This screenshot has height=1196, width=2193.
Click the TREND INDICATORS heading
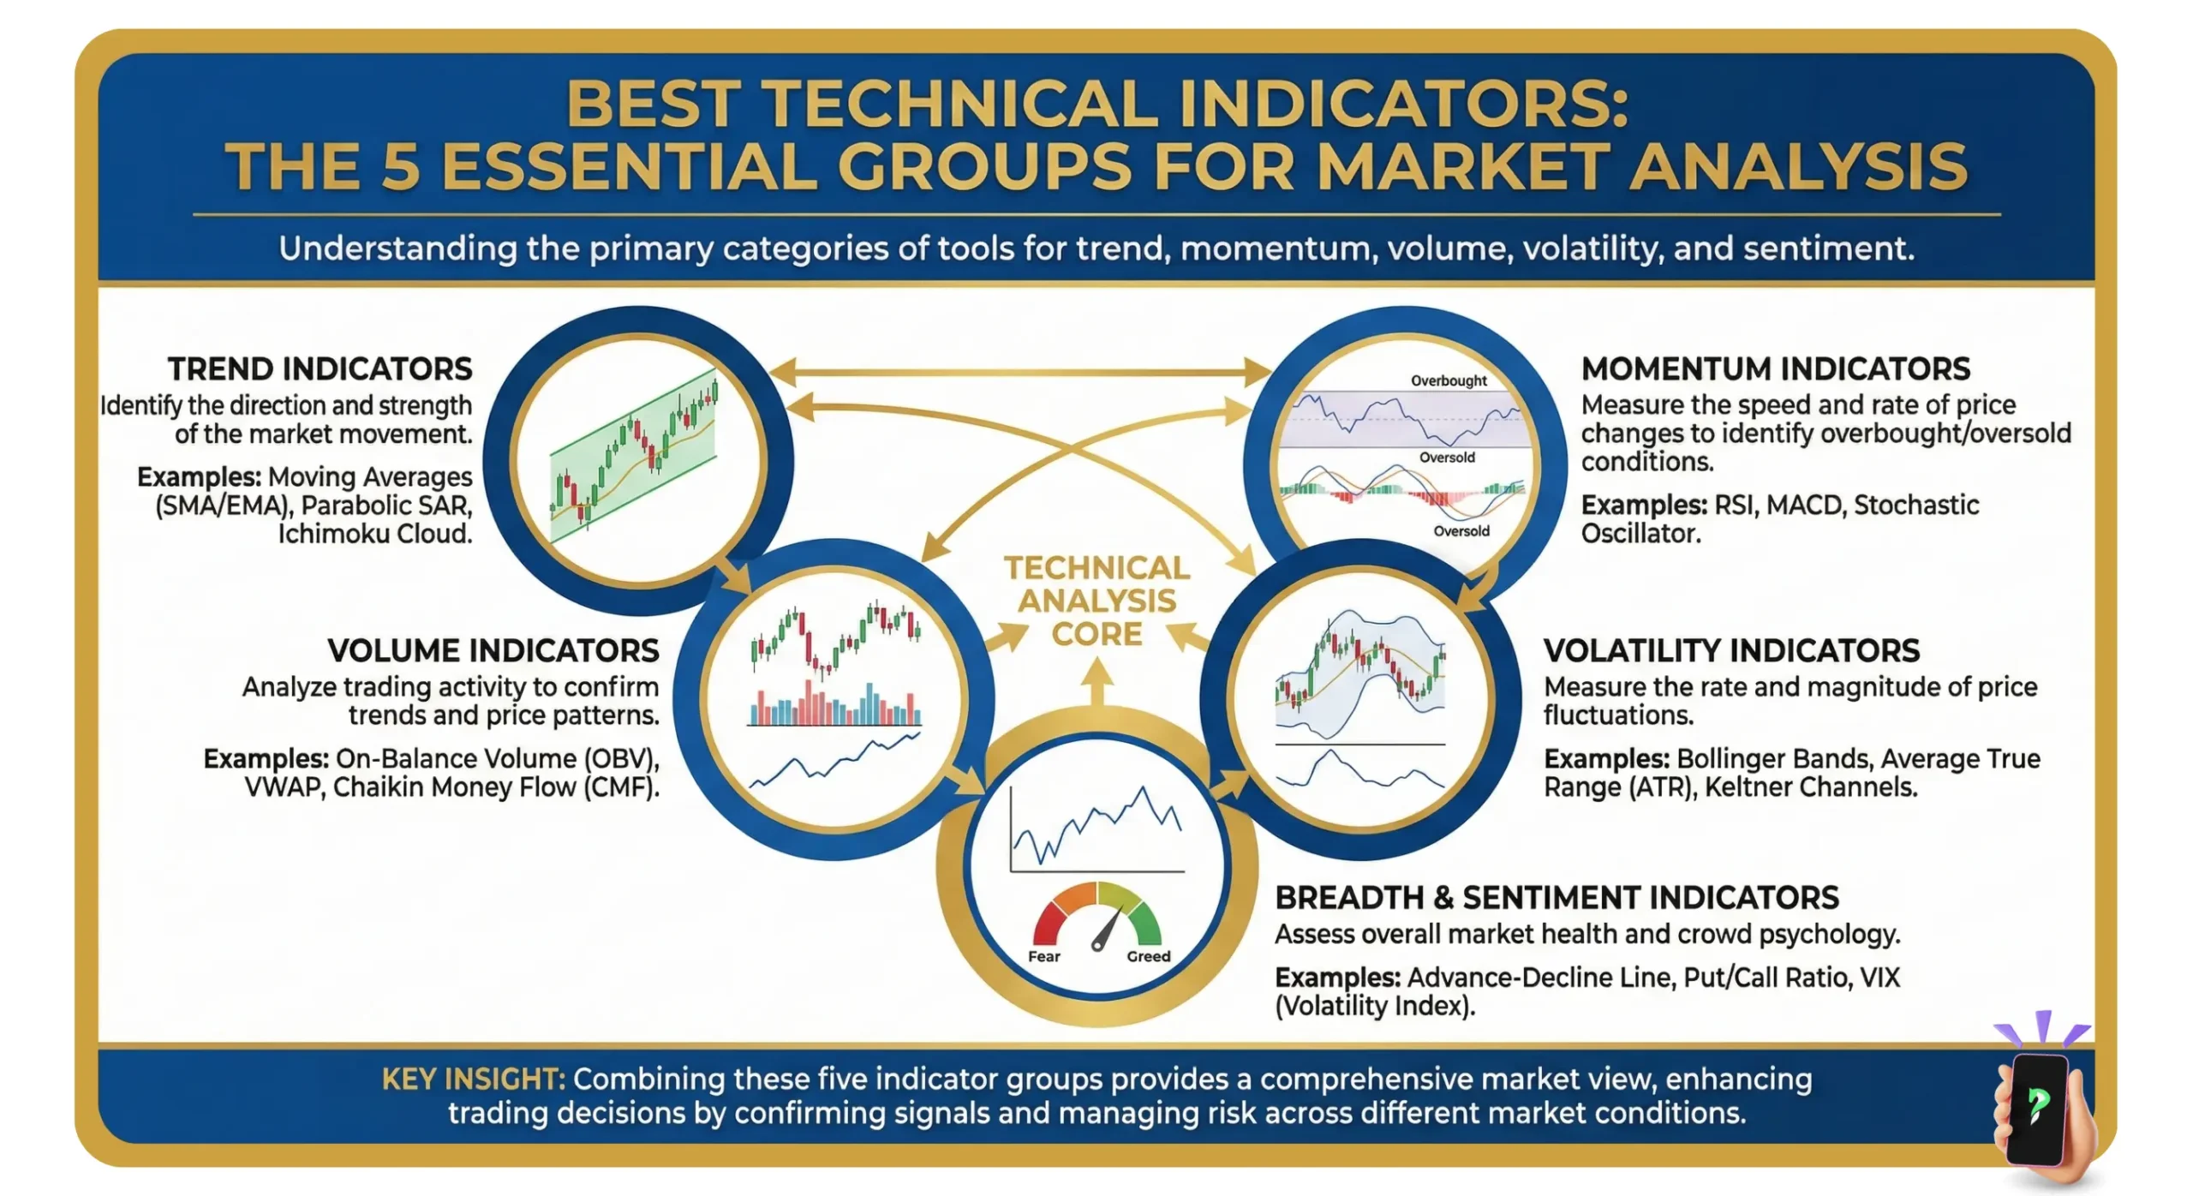click(x=320, y=369)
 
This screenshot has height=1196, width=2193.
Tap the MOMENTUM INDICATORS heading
click(x=1775, y=369)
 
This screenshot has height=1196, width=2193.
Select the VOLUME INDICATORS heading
click(x=493, y=651)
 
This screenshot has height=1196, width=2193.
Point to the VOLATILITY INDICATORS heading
click(x=1731, y=651)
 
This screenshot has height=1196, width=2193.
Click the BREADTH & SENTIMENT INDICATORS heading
click(x=1557, y=898)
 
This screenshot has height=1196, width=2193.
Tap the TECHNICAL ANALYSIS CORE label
click(x=1096, y=601)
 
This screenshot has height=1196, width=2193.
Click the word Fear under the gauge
click(x=1043, y=957)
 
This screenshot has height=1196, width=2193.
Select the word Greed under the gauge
click(x=1148, y=957)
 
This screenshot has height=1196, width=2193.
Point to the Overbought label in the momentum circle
click(x=1449, y=380)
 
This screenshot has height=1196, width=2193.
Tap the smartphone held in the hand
click(x=2038, y=1109)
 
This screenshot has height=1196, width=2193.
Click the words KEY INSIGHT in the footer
click(x=473, y=1079)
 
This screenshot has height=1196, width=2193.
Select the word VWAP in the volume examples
click(x=283, y=787)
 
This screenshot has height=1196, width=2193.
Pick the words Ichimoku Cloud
click(x=374, y=534)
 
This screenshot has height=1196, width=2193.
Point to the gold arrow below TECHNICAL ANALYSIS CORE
click(x=1096, y=684)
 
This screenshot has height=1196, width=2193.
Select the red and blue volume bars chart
click(x=834, y=704)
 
